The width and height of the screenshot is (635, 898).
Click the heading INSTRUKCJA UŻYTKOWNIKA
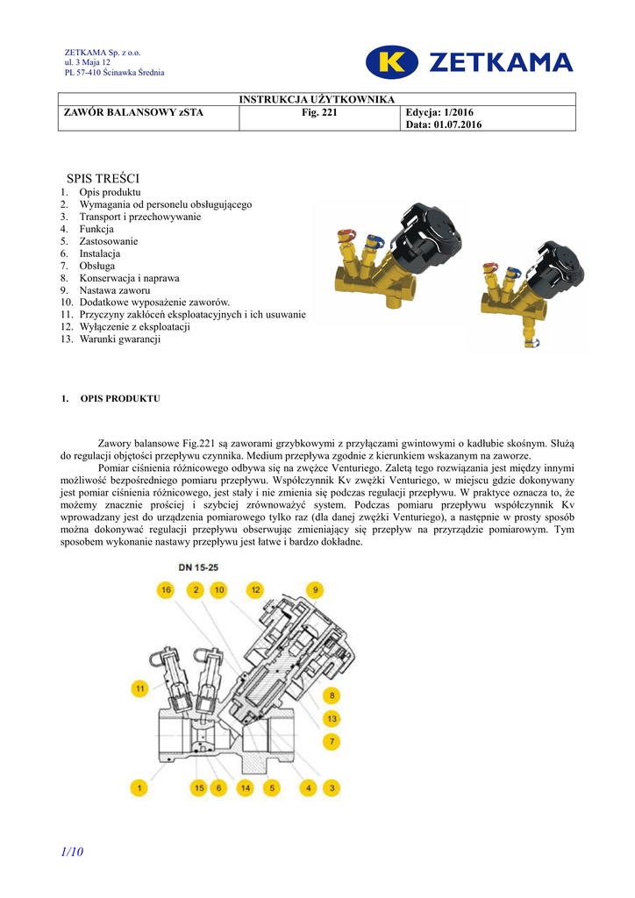tap(317, 100)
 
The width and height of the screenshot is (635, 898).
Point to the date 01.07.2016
tap(455, 125)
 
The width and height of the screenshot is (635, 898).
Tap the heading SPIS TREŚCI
tap(103, 178)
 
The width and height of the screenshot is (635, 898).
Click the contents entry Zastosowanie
tap(109, 241)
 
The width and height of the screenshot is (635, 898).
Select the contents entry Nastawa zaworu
tap(115, 290)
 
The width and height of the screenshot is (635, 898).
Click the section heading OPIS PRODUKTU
tap(120, 399)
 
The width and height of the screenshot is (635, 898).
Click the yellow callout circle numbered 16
tap(166, 590)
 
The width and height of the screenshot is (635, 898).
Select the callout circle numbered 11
tap(139, 689)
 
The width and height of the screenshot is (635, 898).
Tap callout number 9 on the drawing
tap(315, 590)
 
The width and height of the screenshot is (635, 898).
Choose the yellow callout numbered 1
tap(139, 788)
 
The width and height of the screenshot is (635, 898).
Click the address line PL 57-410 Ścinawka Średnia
tap(114, 73)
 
